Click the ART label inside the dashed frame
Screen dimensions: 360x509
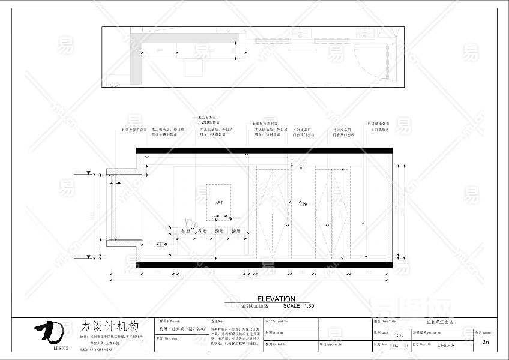pos(218,203)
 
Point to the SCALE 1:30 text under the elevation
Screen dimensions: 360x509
pos(298,306)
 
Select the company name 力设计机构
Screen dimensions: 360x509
pos(110,327)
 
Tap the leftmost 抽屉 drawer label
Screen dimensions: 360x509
pos(185,230)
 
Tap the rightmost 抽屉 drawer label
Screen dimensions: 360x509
pos(236,230)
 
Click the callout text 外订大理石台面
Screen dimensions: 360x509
pos(134,129)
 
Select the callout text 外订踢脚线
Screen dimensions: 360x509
pos(379,130)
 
